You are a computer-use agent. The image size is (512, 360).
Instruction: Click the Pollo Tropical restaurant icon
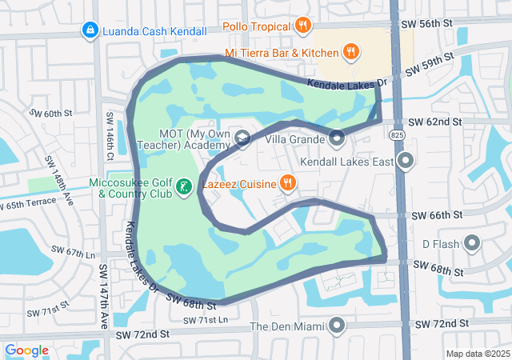(x=302, y=26)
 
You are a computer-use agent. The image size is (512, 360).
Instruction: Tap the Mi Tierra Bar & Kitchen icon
(x=350, y=53)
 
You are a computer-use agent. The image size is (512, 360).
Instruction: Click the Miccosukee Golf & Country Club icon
(x=184, y=187)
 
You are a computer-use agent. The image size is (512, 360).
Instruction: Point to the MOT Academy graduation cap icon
(x=242, y=140)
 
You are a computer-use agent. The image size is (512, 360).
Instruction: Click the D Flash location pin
(x=471, y=242)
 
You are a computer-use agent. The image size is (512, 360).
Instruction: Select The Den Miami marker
(x=337, y=326)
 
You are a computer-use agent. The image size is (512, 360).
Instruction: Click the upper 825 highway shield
(x=398, y=137)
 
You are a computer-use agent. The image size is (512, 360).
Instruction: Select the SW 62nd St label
(x=434, y=122)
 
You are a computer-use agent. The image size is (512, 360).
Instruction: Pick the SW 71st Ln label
(x=206, y=320)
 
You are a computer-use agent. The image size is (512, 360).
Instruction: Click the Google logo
(x=26, y=350)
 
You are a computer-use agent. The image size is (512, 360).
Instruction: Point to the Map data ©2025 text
(x=477, y=354)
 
